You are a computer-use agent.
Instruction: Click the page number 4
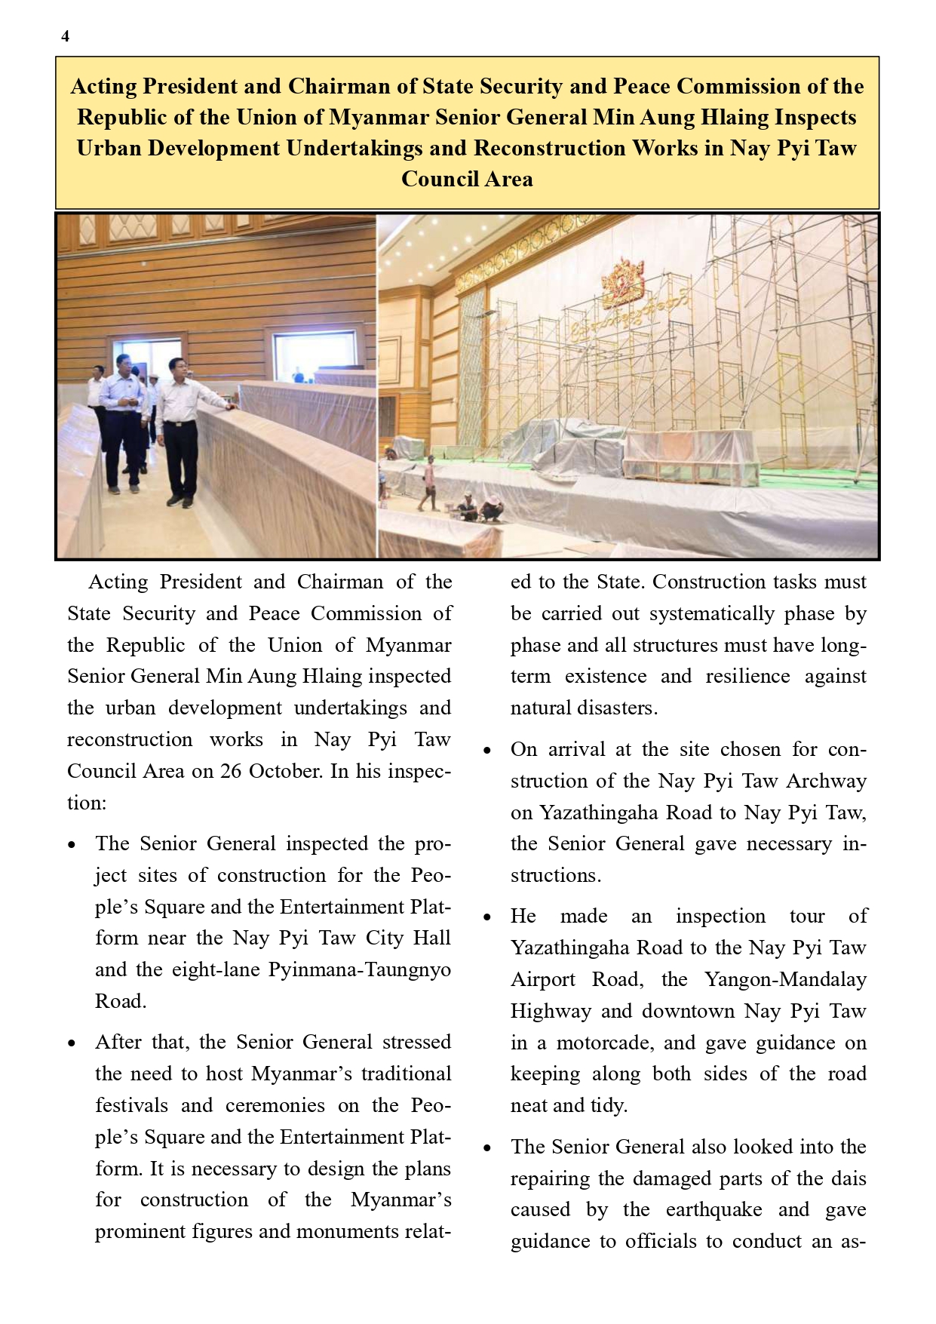(66, 36)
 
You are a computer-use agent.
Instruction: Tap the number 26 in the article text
(231, 771)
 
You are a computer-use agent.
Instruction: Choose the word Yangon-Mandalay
(785, 979)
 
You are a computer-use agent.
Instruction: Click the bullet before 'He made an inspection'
(487, 918)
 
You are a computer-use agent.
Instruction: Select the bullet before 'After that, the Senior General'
(72, 1044)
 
